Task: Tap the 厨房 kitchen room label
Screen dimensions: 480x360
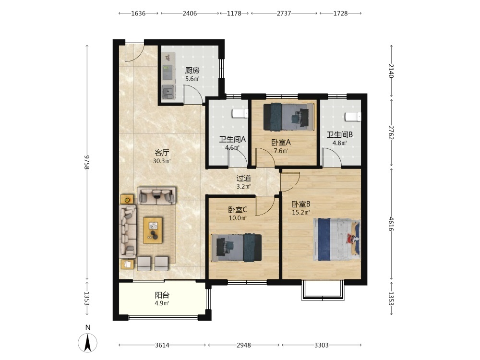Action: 192,71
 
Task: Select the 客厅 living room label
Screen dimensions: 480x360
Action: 162,153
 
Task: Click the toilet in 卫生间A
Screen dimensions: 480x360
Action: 240,114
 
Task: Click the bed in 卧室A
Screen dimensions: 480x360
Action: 289,117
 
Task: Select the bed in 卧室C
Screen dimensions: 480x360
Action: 236,248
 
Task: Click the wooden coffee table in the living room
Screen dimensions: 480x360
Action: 153,230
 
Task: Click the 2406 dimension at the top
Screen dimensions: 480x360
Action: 190,13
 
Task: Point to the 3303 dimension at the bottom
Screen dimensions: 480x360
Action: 322,345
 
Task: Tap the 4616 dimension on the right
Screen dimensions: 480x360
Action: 391,224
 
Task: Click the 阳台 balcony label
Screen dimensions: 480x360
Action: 162,295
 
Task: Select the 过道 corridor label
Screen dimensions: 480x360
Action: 244,178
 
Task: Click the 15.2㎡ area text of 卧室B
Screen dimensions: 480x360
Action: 300,212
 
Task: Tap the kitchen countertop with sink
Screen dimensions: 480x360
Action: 168,76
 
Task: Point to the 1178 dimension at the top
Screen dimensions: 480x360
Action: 234,13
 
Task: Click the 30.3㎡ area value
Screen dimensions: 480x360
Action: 162,161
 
